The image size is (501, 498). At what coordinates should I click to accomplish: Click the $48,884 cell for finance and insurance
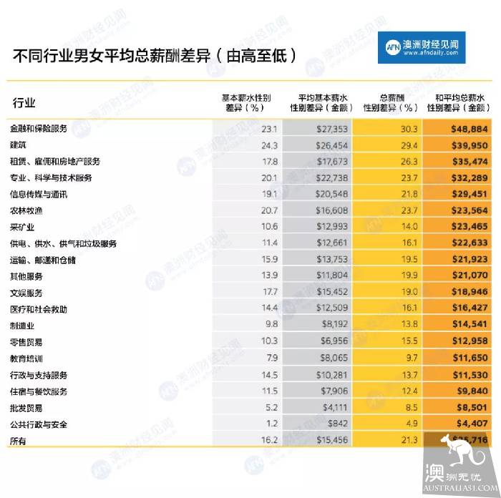[469, 129]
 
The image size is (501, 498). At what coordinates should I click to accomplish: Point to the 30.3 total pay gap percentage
[409, 129]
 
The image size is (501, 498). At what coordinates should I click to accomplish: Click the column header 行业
[24, 103]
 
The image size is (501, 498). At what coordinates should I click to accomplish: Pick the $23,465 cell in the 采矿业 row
[469, 227]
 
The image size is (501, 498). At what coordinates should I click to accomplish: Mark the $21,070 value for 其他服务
[469, 276]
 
